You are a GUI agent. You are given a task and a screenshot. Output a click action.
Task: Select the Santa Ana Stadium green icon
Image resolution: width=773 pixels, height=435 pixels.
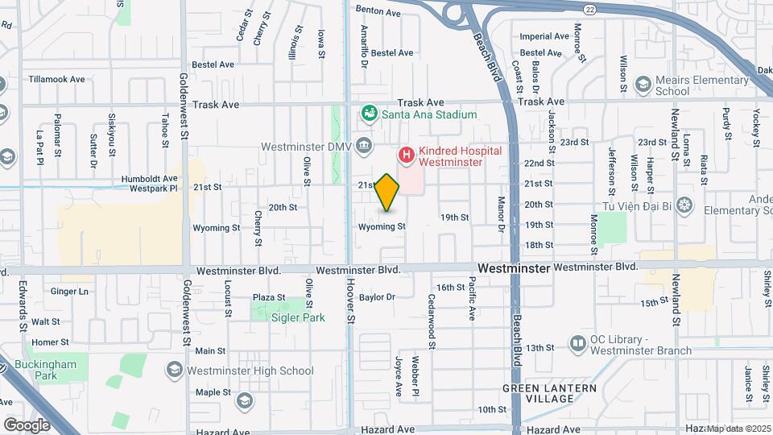click(370, 114)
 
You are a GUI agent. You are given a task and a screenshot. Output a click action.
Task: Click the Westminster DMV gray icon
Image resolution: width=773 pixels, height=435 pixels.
click(364, 146)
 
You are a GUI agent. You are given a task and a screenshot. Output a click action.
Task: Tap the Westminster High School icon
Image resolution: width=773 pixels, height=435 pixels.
click(173, 371)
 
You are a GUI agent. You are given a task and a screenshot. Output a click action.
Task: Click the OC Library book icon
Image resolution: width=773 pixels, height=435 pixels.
click(577, 344)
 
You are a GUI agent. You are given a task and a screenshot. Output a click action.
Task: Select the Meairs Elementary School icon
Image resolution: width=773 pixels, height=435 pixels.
click(643, 84)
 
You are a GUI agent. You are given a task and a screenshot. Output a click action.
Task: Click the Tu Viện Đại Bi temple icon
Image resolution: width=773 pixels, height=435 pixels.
click(684, 204)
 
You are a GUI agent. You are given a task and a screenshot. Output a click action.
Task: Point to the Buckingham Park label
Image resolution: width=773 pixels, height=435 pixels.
click(72, 370)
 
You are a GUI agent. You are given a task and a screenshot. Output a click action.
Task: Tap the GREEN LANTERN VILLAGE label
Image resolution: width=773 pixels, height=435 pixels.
click(550, 394)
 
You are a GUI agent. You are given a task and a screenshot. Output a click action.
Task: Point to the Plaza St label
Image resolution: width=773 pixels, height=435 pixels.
click(269, 297)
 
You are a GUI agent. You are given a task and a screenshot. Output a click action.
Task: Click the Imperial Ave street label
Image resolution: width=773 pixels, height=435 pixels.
click(544, 36)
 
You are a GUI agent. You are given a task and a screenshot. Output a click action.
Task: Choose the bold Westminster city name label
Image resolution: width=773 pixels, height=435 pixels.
click(513, 267)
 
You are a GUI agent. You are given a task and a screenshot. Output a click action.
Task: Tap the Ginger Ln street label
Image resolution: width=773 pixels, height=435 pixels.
click(69, 291)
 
